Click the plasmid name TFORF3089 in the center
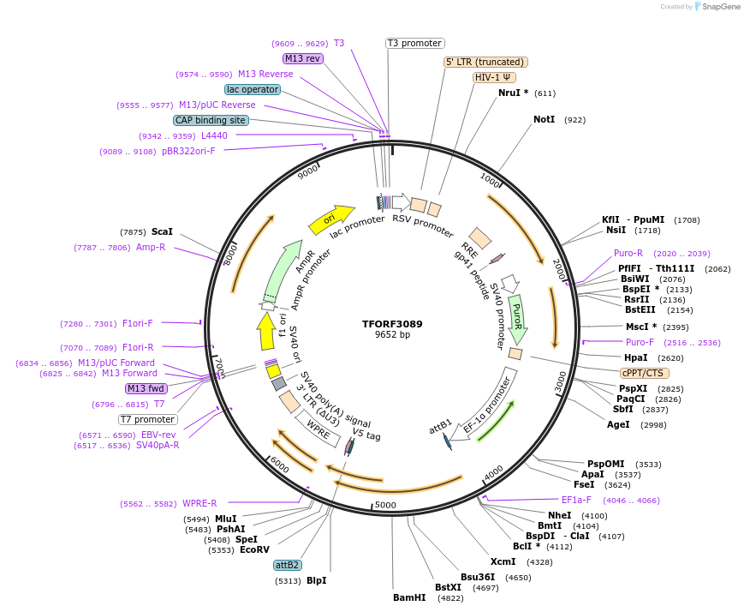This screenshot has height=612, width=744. tap(392, 324)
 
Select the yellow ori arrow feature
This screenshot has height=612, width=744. tap(330, 219)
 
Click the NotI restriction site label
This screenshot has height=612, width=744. tap(544, 119)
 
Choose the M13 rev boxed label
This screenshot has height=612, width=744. tap(303, 58)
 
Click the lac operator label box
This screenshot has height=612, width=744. tap(253, 89)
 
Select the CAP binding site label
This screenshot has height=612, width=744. tap(211, 120)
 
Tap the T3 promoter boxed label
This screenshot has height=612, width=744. tap(414, 43)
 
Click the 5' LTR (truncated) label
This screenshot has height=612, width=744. tap(485, 62)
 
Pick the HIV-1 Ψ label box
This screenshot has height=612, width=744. tap(494, 77)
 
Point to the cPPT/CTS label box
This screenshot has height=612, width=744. tap(645, 373)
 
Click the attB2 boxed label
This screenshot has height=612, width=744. tap(288, 565)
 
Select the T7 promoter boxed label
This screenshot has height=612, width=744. tap(148, 419)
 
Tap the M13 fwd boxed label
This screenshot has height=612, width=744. tap(146, 388)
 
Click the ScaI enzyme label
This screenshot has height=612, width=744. tap(162, 231)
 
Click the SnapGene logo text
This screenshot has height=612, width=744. tap(718, 7)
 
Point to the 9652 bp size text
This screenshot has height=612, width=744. tap(392, 334)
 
